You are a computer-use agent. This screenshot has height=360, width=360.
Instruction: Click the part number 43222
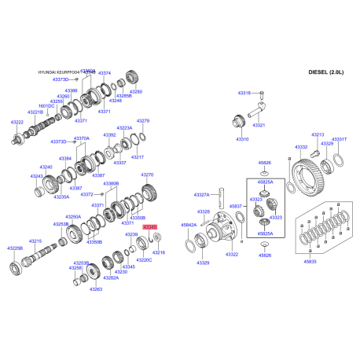pos(17,123)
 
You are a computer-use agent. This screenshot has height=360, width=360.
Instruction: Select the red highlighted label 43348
pos(149,226)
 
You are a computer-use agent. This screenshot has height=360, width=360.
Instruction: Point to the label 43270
pos(148,174)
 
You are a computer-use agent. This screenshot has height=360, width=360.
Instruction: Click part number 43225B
pos(16,248)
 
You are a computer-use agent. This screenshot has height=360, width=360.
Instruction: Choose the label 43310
pos(242,139)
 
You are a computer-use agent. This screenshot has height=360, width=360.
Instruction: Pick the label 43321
pos(259,124)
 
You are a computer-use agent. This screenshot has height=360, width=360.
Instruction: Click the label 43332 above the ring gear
pos(301,147)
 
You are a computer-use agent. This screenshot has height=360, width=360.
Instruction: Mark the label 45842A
pos(189,225)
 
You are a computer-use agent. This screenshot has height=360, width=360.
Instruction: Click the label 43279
pos(143,121)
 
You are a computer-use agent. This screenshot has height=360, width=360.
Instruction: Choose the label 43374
pos(105,72)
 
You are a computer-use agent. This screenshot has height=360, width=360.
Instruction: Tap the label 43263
pos(96,289)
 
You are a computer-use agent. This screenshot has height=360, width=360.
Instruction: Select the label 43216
pos(159,252)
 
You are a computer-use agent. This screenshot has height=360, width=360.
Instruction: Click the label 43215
pos(35,241)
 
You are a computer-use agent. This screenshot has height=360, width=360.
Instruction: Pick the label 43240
pos(46,167)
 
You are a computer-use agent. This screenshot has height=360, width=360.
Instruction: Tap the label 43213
pos(318,134)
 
